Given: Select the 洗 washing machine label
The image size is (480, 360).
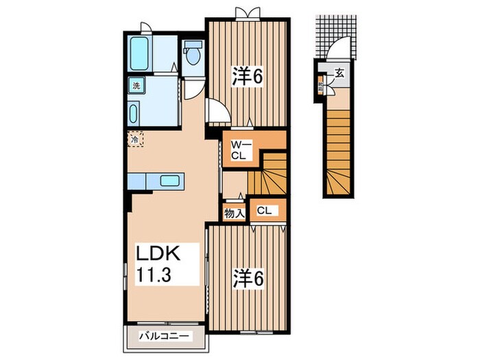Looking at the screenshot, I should pyautogui.click(x=136, y=86).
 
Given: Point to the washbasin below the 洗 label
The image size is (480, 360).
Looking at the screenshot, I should pyautogui.click(x=134, y=112).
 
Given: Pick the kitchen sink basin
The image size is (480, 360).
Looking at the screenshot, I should pyautogui.click(x=170, y=181).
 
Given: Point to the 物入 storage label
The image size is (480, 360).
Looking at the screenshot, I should pyautogui.click(x=235, y=213).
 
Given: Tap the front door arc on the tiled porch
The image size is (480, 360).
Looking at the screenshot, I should pyautogui.click(x=337, y=51).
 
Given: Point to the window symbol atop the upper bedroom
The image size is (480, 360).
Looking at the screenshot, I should pyautogui.click(x=248, y=12).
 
